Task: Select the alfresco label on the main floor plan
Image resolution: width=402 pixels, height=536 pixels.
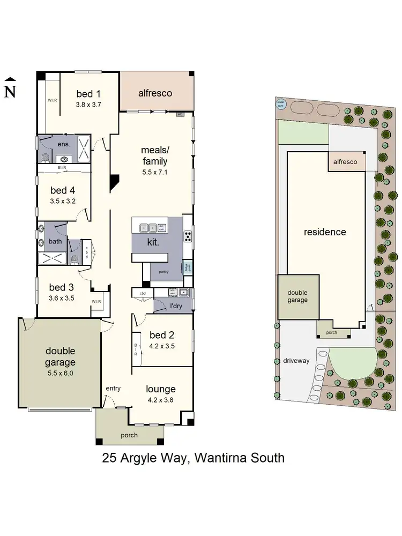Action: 155,93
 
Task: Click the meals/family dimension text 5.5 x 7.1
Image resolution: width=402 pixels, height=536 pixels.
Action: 154,173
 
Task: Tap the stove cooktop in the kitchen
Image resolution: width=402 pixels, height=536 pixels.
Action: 188,236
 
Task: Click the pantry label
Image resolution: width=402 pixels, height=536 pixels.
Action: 163,272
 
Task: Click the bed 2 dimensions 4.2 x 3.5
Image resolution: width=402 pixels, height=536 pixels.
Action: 162,346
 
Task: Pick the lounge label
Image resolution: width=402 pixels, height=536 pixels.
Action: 161,389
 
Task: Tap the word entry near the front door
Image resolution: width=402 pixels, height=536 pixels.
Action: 113,388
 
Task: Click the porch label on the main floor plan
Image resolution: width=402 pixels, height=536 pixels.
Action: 129,435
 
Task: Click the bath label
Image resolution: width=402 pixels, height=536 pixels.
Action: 55,241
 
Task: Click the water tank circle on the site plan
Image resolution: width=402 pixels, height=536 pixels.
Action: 280,104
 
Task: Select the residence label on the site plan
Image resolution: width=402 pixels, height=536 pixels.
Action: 325,232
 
